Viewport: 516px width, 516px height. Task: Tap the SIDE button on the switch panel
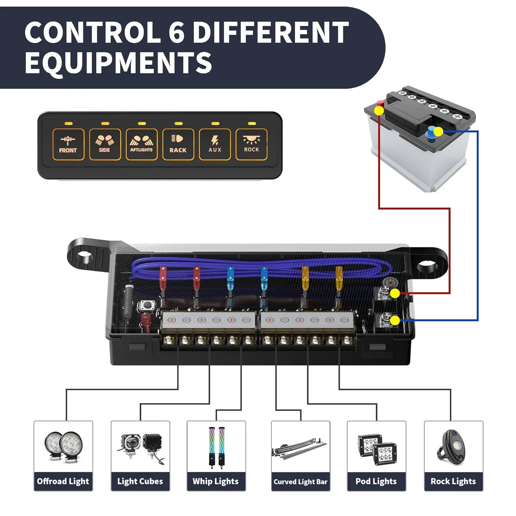105,144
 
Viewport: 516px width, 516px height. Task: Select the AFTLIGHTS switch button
141,144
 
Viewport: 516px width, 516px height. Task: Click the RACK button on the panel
178,144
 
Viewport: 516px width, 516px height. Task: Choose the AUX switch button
215,144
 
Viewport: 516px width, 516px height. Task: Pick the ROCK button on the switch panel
251,144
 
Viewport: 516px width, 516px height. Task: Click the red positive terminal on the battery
380,104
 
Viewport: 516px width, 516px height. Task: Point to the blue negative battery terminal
431,132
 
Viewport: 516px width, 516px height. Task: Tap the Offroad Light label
63,481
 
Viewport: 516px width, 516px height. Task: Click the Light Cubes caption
140,481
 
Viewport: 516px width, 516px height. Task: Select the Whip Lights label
216,481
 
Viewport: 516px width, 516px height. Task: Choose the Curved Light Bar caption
300,482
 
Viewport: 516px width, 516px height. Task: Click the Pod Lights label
376,481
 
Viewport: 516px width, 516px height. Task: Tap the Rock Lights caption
453,481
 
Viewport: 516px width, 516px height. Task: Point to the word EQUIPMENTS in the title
118,63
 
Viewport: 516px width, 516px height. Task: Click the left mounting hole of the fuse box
84,256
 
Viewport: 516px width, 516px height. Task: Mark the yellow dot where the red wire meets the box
395,293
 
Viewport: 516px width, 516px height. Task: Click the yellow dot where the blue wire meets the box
395,321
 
